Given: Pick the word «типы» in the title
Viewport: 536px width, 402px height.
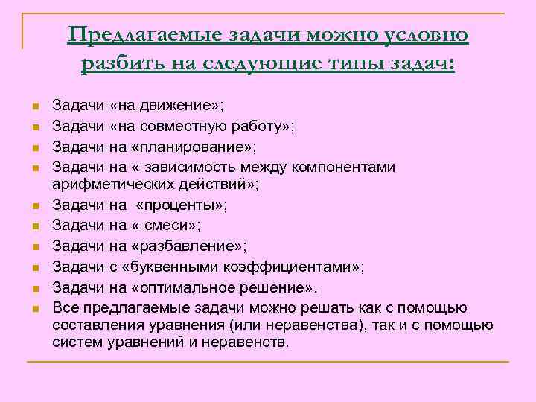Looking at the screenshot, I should click(x=354, y=64).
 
